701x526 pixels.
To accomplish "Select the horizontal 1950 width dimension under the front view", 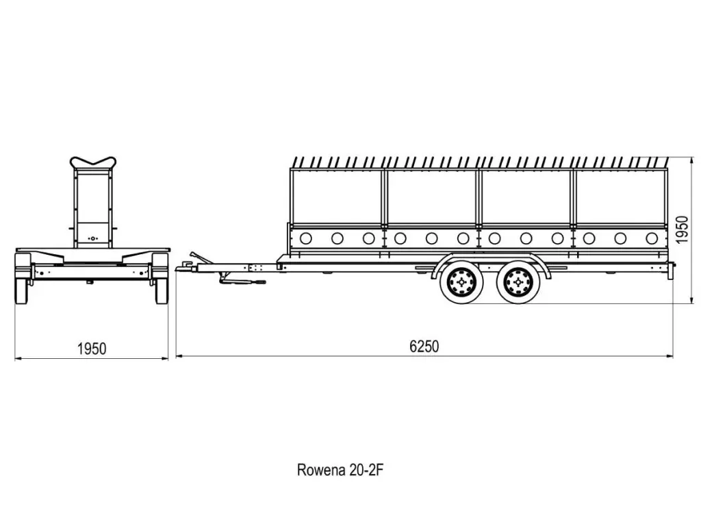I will pos(91,349).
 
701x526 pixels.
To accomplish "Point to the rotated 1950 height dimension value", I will pos(683,229).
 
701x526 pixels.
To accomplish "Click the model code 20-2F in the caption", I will pos(370,471).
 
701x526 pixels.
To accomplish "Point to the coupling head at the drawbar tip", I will pos(183,268).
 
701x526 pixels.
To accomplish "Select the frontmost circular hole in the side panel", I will pos(305,238).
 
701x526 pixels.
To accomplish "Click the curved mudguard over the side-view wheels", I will pos(489,260).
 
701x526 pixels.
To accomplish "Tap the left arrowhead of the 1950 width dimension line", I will pos(18,358).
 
